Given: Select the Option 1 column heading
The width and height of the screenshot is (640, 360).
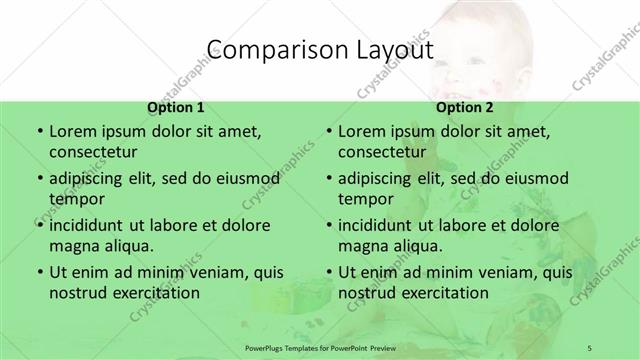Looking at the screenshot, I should coord(176,107).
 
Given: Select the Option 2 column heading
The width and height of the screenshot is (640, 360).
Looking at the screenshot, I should coord(465,107).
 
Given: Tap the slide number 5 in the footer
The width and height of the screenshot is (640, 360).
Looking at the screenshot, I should coord(591,348).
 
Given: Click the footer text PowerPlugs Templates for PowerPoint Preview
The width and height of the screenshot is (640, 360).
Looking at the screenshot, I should coord(320,348).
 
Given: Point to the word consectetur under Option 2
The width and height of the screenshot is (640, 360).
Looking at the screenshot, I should coord(382,153).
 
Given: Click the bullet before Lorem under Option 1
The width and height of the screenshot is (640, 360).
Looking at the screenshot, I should coord(39,131).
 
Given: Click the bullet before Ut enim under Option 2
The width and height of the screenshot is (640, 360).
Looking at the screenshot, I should coord(329,272).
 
